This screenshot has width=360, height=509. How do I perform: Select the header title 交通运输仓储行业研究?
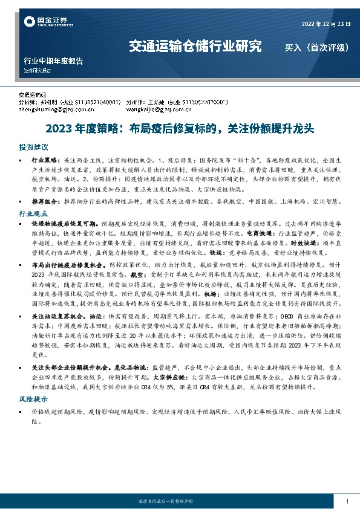[196, 46]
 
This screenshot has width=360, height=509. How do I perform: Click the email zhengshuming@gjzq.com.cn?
[53, 110]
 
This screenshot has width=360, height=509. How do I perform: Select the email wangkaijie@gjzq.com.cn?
[162, 110]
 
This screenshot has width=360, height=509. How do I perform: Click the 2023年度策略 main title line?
[180, 129]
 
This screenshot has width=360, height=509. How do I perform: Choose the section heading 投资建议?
[33, 148]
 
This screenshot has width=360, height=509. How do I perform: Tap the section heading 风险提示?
[33, 399]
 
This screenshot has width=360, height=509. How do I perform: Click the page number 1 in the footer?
[347, 502]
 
